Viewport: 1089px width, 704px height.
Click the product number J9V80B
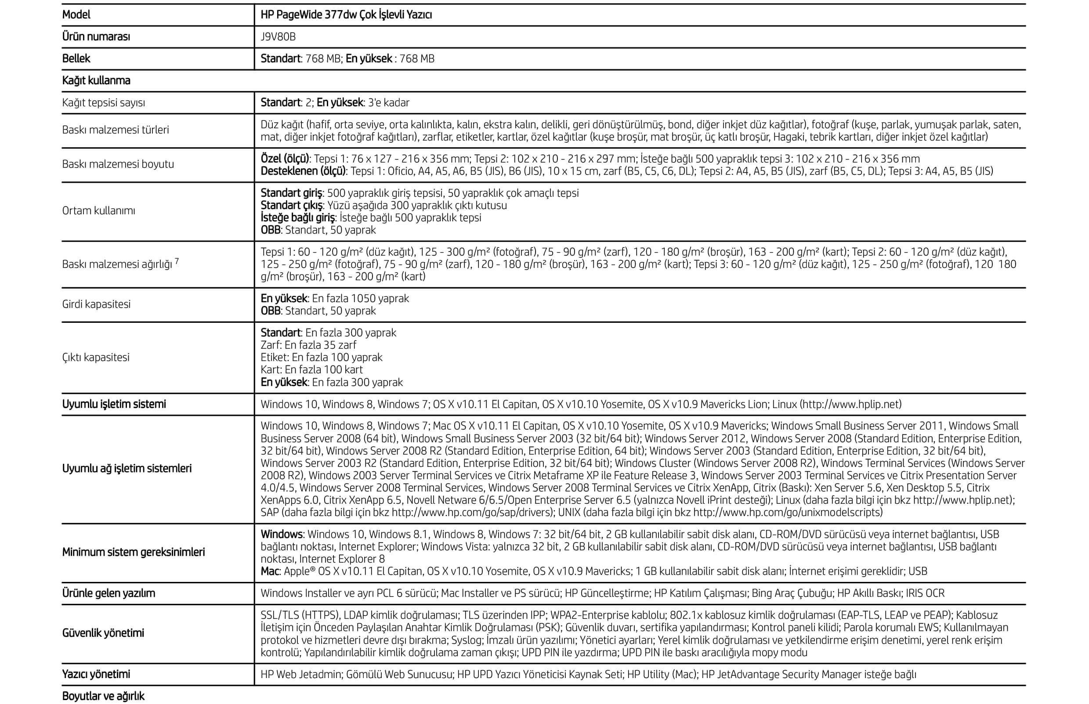[278, 36]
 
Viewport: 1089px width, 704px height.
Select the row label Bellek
[76, 58]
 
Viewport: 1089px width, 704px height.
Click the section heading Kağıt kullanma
[96, 80]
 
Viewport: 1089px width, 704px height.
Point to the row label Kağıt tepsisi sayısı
[103, 103]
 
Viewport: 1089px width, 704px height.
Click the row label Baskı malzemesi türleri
[115, 130]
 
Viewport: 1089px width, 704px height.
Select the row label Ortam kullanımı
[98, 211]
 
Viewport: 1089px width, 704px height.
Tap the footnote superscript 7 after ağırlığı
[177, 261]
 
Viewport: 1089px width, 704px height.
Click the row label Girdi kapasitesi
[96, 304]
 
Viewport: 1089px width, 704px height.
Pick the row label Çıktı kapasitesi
[96, 357]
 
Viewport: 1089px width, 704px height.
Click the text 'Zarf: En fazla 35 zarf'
[308, 345]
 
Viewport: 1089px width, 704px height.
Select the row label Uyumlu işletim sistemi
[114, 404]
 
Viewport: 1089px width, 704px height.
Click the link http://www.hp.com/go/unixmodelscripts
[787, 513]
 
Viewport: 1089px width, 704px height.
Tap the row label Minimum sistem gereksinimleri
[133, 552]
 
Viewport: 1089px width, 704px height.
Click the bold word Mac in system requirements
[270, 571]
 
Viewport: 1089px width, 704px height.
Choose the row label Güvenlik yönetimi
[103, 633]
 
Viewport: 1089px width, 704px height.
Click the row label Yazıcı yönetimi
[96, 674]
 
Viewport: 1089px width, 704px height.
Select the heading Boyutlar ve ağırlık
[103, 696]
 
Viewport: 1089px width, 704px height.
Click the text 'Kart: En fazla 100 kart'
[311, 370]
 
